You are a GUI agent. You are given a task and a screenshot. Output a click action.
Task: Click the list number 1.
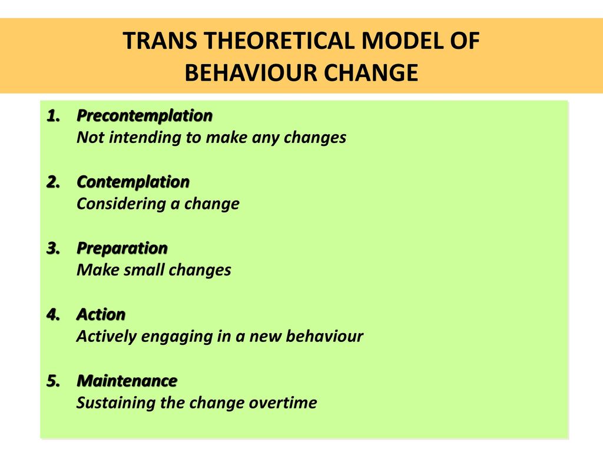point(54,116)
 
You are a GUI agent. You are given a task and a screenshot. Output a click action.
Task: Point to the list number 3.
point(54,248)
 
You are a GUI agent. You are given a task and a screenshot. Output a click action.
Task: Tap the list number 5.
point(54,381)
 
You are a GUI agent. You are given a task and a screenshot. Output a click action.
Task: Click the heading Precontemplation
point(145,116)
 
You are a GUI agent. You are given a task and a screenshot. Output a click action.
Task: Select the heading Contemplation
point(133,182)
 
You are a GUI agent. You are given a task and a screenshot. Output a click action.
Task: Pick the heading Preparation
point(122,249)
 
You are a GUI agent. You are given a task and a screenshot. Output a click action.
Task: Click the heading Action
point(101,314)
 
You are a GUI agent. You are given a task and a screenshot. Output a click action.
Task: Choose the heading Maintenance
point(127,381)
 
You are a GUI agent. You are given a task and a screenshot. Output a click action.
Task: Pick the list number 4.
point(54,315)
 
